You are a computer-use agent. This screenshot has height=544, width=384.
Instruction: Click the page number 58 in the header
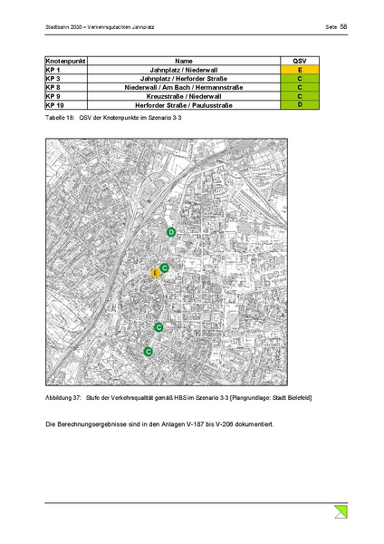coord(344,27)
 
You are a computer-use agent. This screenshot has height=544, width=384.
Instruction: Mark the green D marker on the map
coord(171,233)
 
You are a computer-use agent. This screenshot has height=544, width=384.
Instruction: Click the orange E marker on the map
coord(156,272)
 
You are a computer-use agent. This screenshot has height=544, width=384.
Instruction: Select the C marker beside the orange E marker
coord(165,267)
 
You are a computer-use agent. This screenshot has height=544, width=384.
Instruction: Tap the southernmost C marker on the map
coord(149,351)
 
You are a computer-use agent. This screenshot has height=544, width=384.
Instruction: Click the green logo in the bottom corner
coord(341,512)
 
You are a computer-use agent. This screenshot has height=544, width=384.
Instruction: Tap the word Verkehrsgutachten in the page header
coord(113,27)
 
